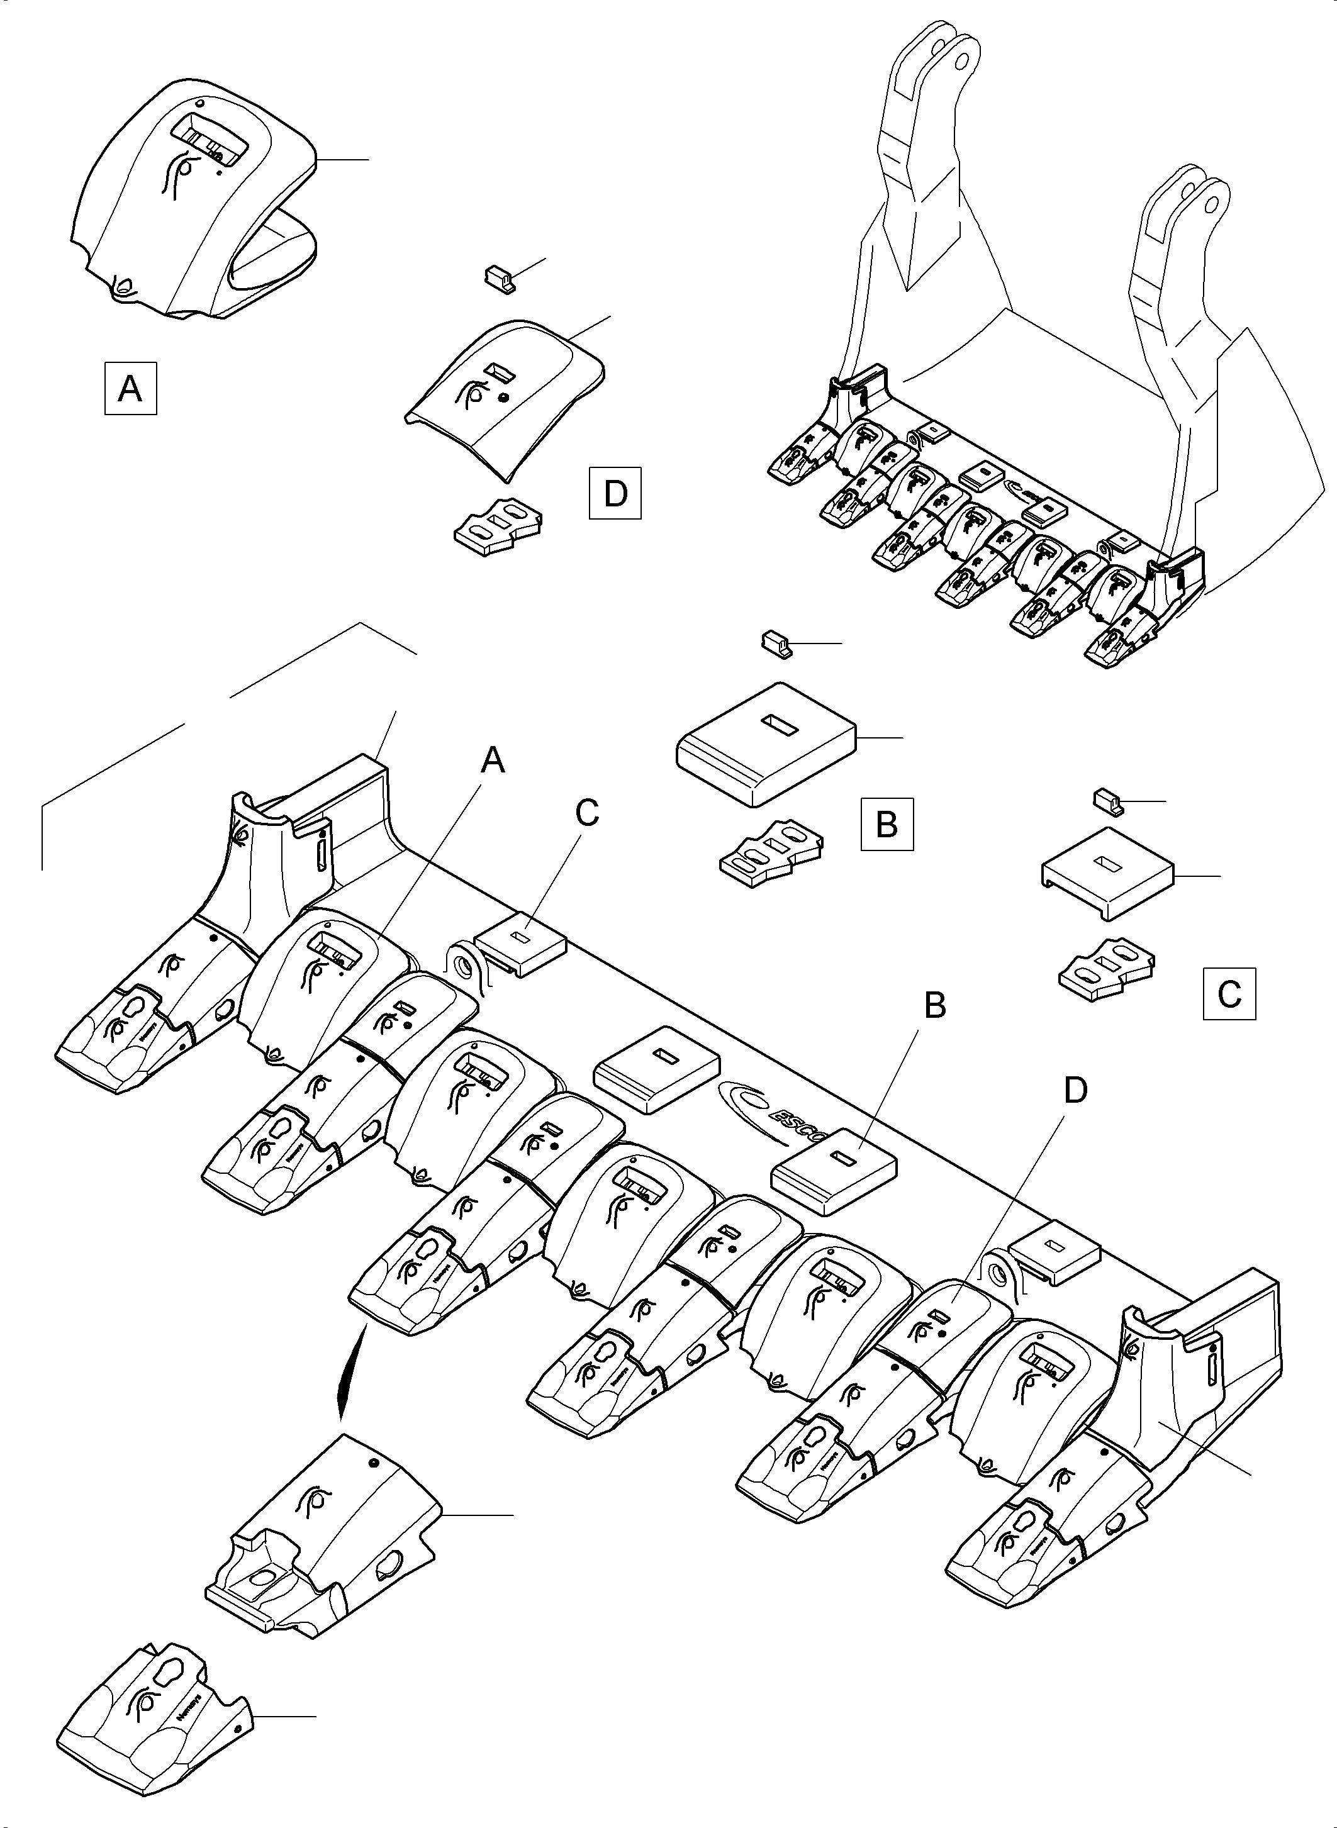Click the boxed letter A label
pos(130,389)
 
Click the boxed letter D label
pos(615,492)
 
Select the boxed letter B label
pos(887,824)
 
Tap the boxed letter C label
pos(1229,992)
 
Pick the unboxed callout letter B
pos(936,1006)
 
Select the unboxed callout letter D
pos(1075,1091)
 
